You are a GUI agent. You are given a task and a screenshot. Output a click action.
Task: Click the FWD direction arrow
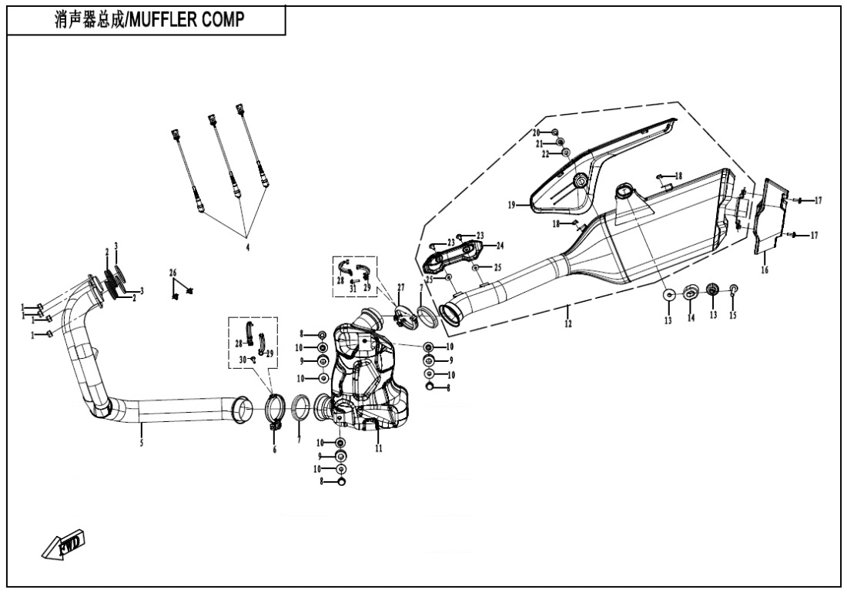[x=63, y=543]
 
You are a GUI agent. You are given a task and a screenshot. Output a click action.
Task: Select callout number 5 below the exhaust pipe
[x=142, y=443]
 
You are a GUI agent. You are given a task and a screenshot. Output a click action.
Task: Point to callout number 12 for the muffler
[x=567, y=323]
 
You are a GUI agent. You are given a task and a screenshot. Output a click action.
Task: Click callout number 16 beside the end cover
[x=765, y=271]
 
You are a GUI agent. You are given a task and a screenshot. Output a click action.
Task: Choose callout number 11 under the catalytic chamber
[x=378, y=447]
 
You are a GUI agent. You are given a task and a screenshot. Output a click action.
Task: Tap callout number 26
[x=173, y=273]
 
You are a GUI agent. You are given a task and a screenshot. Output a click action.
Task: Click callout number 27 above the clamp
[x=400, y=287]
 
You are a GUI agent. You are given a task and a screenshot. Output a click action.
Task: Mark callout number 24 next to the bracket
[x=500, y=246]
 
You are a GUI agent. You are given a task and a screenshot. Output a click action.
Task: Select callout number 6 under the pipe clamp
[x=274, y=449]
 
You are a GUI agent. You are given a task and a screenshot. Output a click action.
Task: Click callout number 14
[x=691, y=316]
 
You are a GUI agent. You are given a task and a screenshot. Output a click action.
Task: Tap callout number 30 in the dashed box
[x=242, y=360]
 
